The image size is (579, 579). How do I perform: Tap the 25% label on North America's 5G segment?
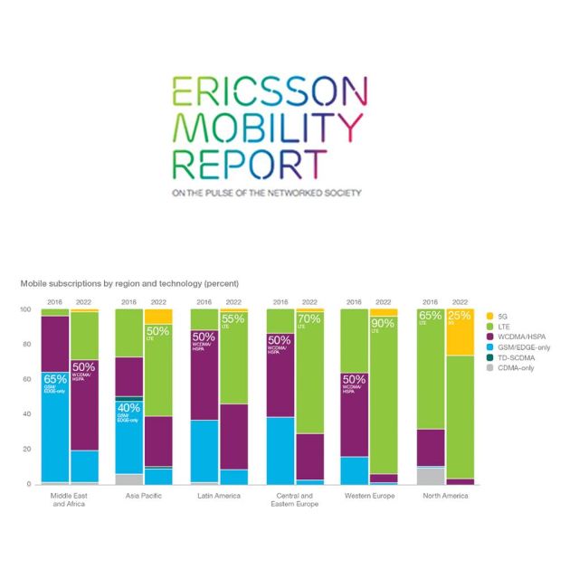[x=460, y=317]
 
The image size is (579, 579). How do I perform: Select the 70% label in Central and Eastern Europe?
[x=308, y=319]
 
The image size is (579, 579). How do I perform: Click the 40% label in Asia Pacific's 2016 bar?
[x=128, y=409]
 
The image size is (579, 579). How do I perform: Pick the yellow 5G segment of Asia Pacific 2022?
[x=158, y=317]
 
